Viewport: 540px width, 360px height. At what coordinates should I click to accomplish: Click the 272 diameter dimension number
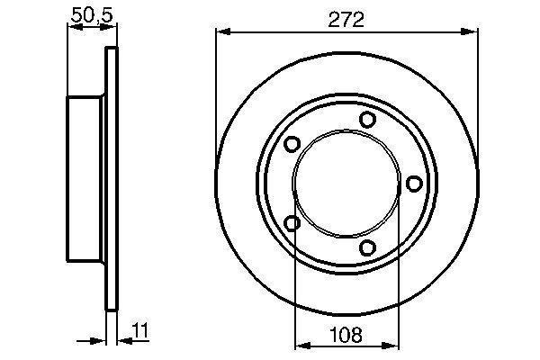point(346,20)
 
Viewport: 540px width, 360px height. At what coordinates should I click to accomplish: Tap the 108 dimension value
point(346,335)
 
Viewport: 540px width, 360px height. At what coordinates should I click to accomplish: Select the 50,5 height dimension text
point(92,15)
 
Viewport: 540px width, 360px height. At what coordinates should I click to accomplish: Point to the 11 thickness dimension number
point(140,330)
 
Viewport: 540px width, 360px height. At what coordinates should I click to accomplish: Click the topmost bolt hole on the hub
point(367,120)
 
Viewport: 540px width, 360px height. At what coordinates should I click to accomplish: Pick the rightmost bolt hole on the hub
point(414,184)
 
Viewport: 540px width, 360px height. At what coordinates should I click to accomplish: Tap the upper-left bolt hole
point(292,144)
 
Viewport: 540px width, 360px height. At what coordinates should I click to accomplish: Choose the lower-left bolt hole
point(292,223)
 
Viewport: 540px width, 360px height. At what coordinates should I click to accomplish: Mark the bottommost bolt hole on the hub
point(367,247)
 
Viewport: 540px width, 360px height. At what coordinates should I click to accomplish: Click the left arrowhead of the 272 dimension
point(223,32)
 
